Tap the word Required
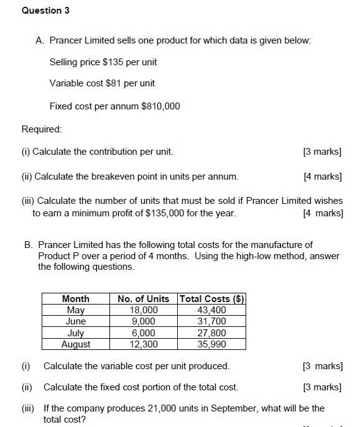point(41,129)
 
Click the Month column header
point(76,299)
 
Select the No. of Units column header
point(144,299)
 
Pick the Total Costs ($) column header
point(212,299)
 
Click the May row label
point(76,310)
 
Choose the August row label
point(76,344)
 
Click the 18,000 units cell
point(144,310)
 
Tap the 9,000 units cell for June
point(144,321)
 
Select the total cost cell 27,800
point(212,333)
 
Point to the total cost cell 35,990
point(212,344)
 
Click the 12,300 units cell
point(144,344)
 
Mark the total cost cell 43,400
point(212,310)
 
